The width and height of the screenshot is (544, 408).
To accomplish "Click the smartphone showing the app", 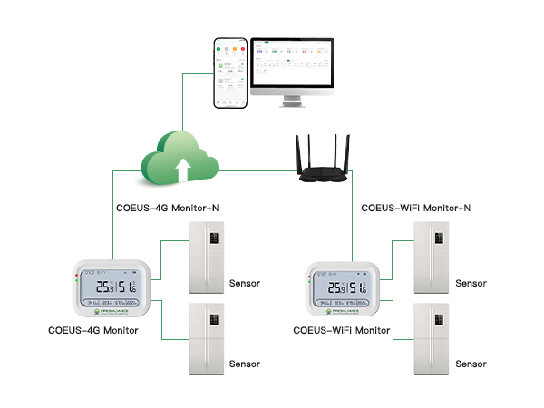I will tap(230, 73).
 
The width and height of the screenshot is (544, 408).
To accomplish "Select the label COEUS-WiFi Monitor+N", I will tap(416, 209).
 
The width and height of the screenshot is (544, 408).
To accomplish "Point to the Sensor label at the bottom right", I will tap(471, 364).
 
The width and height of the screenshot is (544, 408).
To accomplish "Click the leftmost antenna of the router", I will tap(301, 150).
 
